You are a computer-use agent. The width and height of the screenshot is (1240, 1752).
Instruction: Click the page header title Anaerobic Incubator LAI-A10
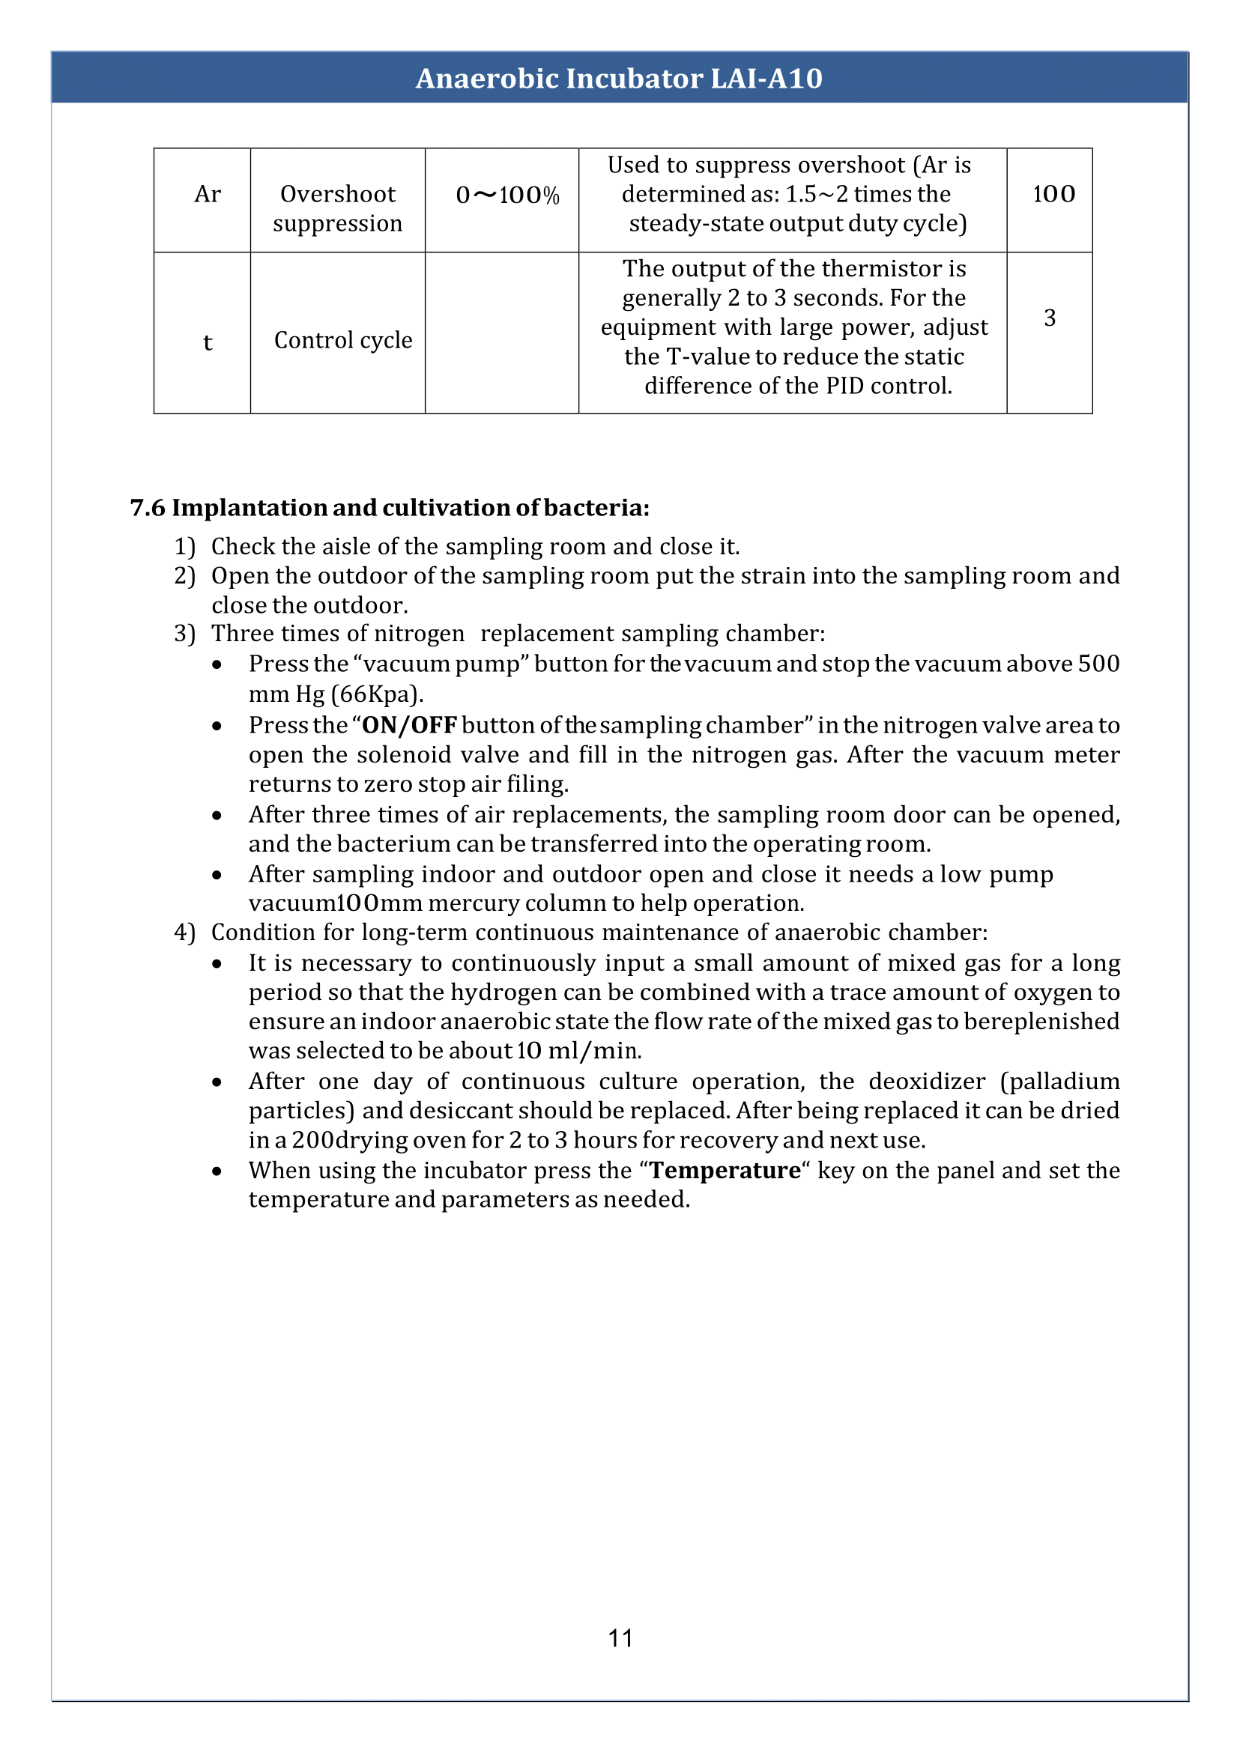coord(618,79)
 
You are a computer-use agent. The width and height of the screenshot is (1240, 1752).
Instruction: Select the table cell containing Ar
coord(207,195)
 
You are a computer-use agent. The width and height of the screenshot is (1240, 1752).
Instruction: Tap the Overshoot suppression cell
coord(337,208)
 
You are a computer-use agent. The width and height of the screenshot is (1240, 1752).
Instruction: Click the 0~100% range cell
coord(507,196)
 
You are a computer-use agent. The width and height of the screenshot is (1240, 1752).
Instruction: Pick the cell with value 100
coord(1053,195)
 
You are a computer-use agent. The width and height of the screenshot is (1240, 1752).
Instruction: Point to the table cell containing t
coord(207,342)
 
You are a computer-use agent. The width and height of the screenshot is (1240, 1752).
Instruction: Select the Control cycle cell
coord(343,341)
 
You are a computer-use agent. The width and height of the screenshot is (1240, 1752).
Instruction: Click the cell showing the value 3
coord(1049,318)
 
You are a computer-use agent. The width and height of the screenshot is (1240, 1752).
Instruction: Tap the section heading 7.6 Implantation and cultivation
coord(390,508)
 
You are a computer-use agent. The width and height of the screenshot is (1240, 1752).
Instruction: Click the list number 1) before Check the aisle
coord(185,547)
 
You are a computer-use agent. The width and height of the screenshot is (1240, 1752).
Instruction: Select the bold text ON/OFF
coord(408,725)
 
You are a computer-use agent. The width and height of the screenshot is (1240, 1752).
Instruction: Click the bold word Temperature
coord(725,1170)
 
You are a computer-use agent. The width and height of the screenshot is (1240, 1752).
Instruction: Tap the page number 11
coord(620,1637)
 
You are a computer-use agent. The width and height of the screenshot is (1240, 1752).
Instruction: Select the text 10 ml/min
coord(578,1051)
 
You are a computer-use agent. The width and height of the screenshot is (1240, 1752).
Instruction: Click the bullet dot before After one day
coord(217,1082)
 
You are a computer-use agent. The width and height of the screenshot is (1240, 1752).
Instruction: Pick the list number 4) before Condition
coord(185,933)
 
